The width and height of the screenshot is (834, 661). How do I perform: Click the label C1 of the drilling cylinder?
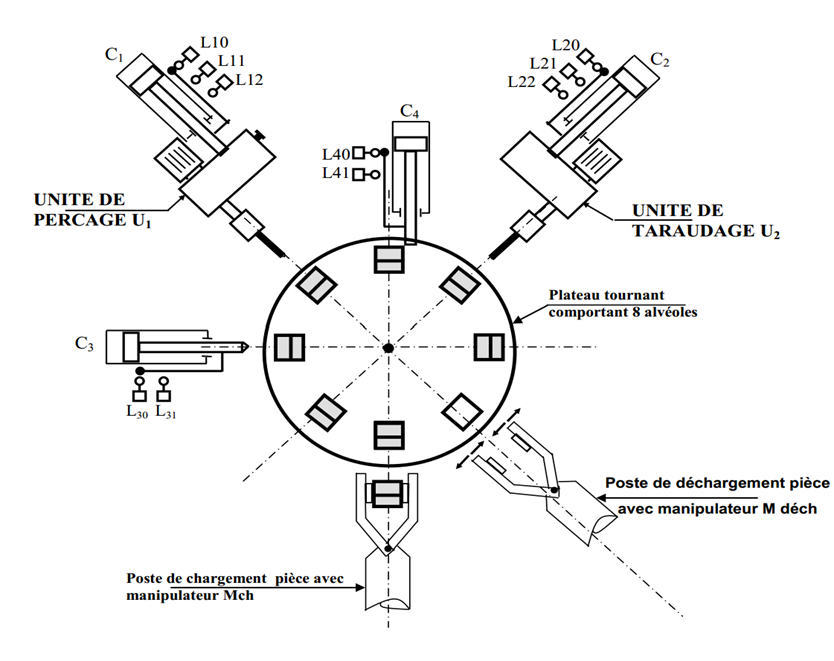tap(114, 54)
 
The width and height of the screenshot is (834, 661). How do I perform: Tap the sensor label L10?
tap(214, 42)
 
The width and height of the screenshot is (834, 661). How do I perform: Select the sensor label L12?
tap(249, 80)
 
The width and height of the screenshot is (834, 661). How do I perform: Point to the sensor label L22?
tap(522, 81)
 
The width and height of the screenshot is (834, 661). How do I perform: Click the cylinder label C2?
tap(660, 60)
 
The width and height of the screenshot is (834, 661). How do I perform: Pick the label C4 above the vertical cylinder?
tap(409, 111)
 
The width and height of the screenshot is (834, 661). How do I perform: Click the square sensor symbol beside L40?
tap(359, 153)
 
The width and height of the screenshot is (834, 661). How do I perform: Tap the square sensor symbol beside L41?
tap(359, 174)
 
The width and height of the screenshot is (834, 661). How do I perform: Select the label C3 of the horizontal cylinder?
tap(84, 344)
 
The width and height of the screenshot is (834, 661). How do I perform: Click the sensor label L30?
tap(137, 411)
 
